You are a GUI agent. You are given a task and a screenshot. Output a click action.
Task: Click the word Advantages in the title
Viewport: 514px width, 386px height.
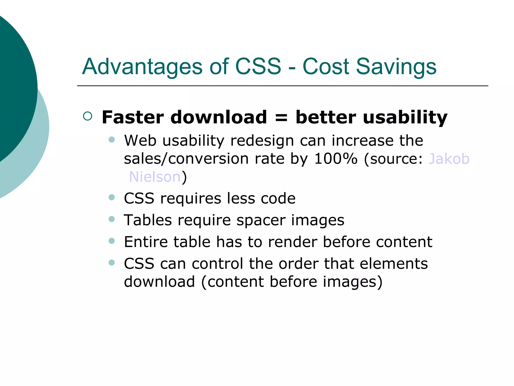[x=142, y=67]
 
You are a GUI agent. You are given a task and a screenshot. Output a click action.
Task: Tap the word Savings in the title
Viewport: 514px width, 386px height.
[x=396, y=67]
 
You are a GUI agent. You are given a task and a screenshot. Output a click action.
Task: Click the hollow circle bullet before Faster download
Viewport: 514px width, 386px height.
[x=88, y=116]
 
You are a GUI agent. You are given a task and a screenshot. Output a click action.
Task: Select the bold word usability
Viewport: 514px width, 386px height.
[x=405, y=118]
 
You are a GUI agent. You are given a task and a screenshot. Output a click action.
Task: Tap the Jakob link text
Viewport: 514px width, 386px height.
[x=449, y=159]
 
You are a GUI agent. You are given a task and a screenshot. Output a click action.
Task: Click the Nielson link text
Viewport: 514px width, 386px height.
[x=155, y=177]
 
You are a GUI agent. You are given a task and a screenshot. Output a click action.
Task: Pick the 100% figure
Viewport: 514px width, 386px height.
[x=336, y=159]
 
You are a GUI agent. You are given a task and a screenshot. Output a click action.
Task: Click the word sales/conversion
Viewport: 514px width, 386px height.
[x=186, y=159]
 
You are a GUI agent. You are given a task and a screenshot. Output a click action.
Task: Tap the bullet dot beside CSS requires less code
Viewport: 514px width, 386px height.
[x=112, y=198]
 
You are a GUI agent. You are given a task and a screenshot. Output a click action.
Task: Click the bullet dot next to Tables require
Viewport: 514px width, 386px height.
[x=112, y=219]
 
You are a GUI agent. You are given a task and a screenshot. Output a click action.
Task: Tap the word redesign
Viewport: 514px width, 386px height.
[x=262, y=141]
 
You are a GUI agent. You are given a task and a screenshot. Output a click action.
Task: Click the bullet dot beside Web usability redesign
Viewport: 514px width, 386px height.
[x=112, y=139]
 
